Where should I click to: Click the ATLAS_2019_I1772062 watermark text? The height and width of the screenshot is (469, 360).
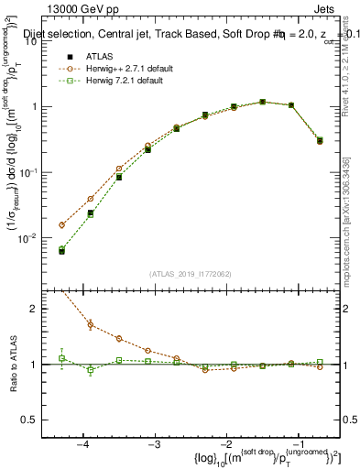click(x=191, y=273)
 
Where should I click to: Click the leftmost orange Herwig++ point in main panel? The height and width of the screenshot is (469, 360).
click(x=62, y=224)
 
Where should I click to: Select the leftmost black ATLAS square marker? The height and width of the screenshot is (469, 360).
click(x=62, y=251)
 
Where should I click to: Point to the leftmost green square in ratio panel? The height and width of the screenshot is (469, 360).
click(x=62, y=358)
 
